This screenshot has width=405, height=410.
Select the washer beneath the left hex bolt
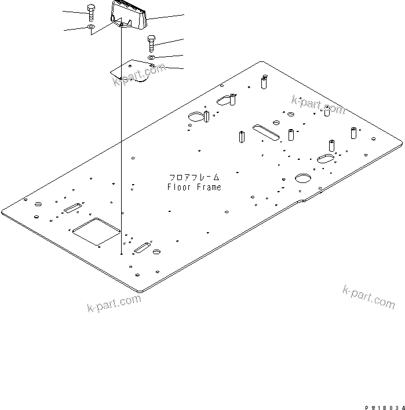click(x=92, y=27)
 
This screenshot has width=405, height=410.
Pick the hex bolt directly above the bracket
click(x=152, y=43)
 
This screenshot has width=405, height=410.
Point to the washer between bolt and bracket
click(x=151, y=58)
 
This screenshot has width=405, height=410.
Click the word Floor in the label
click(x=177, y=187)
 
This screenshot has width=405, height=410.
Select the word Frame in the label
click(x=208, y=187)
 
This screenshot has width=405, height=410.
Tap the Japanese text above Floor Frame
click(x=194, y=177)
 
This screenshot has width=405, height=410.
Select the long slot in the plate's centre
click(x=266, y=131)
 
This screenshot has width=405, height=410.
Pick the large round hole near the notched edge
click(x=303, y=178)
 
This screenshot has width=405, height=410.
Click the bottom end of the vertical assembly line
click(x=121, y=254)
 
